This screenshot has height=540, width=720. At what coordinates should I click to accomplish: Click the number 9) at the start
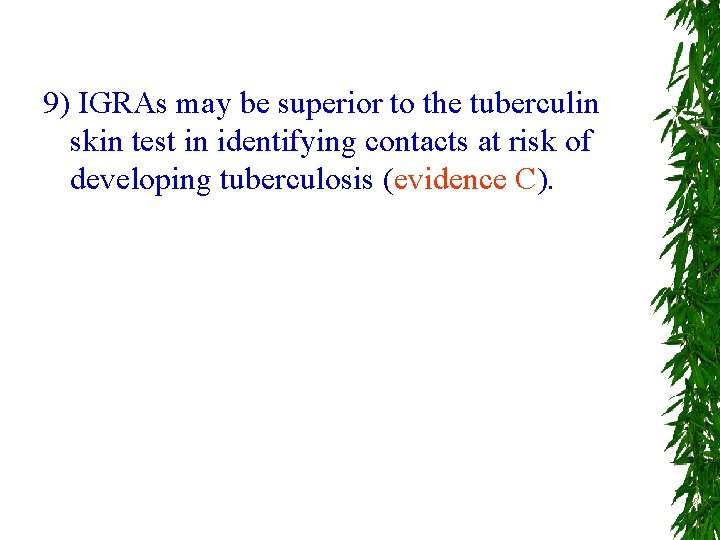click(x=56, y=104)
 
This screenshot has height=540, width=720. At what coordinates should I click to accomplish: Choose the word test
click(x=155, y=142)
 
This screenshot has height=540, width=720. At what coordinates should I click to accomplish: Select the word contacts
click(x=418, y=142)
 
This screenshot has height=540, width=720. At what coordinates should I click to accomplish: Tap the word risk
click(x=534, y=142)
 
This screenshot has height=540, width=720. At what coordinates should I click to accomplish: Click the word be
click(x=252, y=104)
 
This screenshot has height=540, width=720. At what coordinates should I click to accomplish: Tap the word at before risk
click(x=489, y=142)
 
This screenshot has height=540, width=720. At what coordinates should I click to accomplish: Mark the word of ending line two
click(x=578, y=142)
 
